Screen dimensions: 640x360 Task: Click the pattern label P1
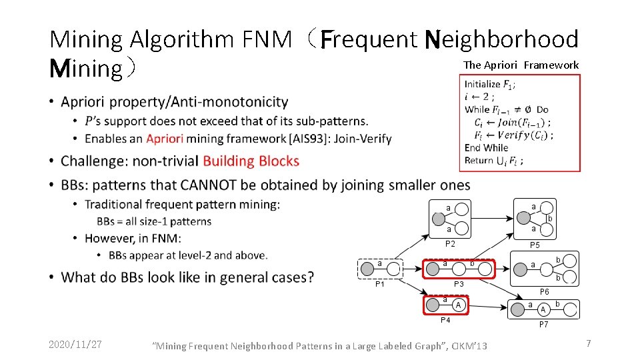pyautogui.click(x=379, y=285)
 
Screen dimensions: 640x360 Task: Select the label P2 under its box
pyautogui.click(x=450, y=243)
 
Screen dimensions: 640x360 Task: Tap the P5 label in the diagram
pyautogui.click(x=535, y=245)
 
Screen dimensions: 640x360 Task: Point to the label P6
pyautogui.click(x=544, y=292)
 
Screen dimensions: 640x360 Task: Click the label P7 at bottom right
pyautogui.click(x=544, y=325)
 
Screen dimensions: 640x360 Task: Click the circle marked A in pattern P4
pyautogui.click(x=458, y=305)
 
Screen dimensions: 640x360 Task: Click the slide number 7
pyautogui.click(x=588, y=343)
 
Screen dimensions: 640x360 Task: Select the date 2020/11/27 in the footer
pyautogui.click(x=75, y=344)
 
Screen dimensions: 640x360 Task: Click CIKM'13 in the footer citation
pyautogui.click(x=469, y=345)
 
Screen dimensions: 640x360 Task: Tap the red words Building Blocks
pyautogui.click(x=251, y=161)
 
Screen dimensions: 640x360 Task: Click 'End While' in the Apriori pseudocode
pyautogui.click(x=486, y=147)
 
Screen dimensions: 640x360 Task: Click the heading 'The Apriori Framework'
pyautogui.click(x=521, y=65)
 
